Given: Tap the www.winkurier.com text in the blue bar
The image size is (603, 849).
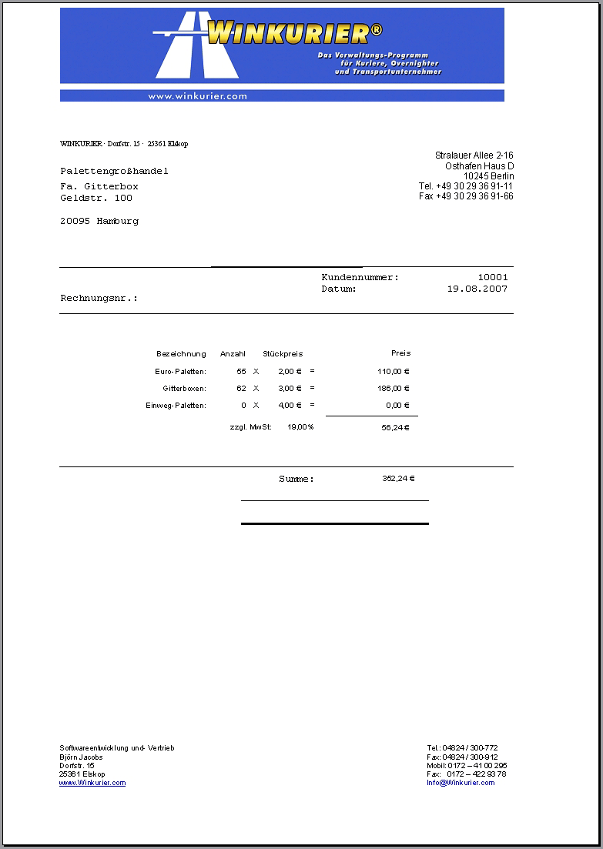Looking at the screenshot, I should [x=197, y=96].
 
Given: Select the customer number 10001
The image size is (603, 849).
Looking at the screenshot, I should [x=493, y=277].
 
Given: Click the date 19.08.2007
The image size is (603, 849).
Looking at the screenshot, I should [x=477, y=289].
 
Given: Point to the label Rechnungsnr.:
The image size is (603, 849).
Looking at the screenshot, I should [x=99, y=298].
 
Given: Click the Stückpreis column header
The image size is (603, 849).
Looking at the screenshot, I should [x=283, y=354].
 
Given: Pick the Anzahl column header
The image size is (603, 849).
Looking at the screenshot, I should [x=233, y=354].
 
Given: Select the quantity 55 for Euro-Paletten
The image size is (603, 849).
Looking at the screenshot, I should [x=242, y=372].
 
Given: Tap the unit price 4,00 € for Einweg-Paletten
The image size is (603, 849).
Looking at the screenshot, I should [x=290, y=406].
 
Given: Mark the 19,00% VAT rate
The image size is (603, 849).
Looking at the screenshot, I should [x=300, y=427].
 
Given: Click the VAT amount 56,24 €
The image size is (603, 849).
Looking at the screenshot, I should [x=395, y=428].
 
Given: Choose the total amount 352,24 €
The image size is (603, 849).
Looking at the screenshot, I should [x=398, y=479].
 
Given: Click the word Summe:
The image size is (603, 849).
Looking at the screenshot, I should [x=296, y=480].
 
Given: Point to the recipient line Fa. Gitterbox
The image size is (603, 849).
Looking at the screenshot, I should [x=99, y=187].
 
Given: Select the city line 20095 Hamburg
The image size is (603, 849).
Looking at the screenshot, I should [x=99, y=222].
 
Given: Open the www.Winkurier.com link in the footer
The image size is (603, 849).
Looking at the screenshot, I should [x=92, y=783].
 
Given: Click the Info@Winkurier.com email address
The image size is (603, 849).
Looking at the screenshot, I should [x=461, y=783].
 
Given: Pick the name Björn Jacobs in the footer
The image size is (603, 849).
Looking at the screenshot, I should [x=81, y=757].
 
